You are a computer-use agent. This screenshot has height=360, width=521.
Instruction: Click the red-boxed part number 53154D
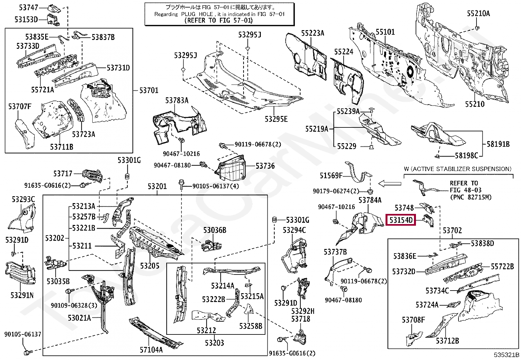401,220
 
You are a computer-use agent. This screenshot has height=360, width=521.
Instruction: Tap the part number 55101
385,32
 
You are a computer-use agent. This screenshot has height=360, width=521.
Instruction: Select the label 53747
28,8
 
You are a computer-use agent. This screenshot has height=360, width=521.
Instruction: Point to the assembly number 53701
149,90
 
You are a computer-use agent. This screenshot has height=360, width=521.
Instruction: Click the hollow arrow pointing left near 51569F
390,184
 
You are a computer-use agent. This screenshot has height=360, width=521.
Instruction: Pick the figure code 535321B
507,355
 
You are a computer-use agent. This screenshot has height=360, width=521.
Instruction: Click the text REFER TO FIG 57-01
219,21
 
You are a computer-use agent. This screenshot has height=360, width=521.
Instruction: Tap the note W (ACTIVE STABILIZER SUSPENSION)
458,169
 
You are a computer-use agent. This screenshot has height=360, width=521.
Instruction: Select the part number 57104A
151,350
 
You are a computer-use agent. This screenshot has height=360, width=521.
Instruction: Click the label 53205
150,266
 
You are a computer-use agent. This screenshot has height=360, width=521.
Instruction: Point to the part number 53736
265,166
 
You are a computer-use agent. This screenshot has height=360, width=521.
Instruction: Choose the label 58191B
498,144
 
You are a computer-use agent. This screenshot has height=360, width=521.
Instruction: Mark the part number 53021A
79,318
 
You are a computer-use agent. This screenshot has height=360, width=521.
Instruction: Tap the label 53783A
177,100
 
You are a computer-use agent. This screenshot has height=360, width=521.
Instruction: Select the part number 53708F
413,320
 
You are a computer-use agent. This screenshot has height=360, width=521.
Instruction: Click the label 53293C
23,199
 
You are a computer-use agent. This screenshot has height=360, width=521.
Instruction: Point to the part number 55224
344,52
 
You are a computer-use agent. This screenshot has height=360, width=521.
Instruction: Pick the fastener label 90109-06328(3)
74,305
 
